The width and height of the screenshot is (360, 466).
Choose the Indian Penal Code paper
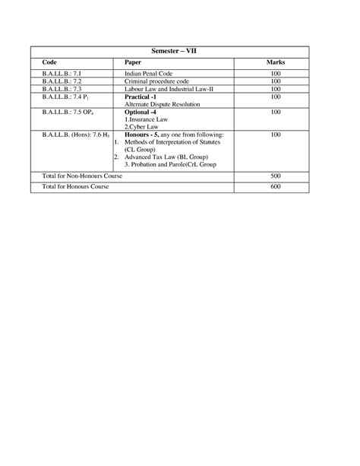click(151, 73)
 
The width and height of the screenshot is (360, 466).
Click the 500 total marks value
click(275, 176)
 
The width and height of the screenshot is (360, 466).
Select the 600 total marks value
click(275, 186)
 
